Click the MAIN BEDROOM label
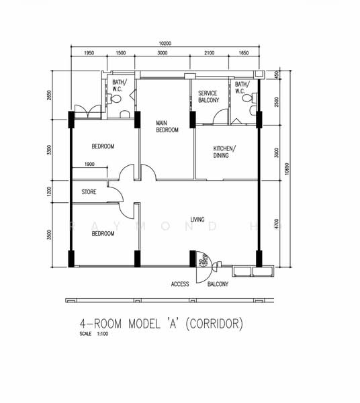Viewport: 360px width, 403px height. (x=167, y=126)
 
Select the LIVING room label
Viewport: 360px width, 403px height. (x=197, y=220)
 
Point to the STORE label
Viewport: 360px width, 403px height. (x=89, y=192)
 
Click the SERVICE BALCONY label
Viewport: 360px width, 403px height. (x=208, y=97)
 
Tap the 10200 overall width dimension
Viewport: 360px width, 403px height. (x=165, y=44)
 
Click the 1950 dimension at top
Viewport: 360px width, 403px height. (x=89, y=53)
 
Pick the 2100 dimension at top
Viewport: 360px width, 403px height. (x=209, y=53)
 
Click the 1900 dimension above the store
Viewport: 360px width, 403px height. (x=89, y=165)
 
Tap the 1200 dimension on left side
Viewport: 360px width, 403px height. (x=49, y=191)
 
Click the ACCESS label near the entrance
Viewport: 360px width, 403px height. (x=180, y=284)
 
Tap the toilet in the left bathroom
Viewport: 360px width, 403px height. (x=116, y=99)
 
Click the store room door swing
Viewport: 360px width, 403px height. (x=116, y=194)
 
